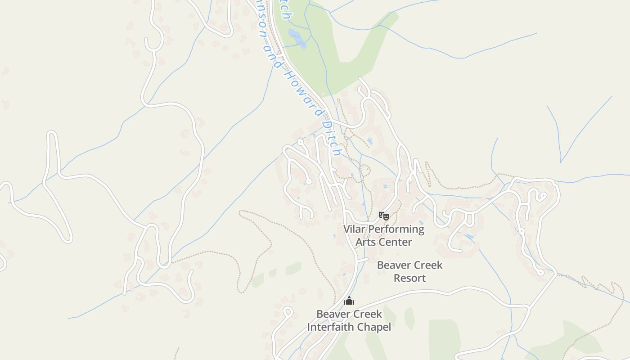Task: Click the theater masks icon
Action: tap(383, 216)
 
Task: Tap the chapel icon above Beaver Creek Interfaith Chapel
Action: tap(349, 301)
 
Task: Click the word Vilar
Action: tap(355, 229)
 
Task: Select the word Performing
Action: tap(396, 229)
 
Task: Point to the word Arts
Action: tap(365, 242)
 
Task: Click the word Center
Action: tap(395, 242)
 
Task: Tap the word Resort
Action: tap(409, 278)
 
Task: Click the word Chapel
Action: tap(374, 327)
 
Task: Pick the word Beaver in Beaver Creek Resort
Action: tap(393, 265)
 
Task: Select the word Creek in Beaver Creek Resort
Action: tap(427, 265)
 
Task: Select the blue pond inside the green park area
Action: tap(297, 38)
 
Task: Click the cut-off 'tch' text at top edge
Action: tap(285, 10)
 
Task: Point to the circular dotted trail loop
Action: tap(365, 171)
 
